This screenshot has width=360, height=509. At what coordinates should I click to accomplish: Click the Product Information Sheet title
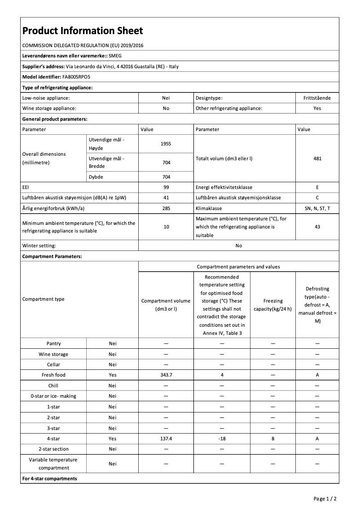tap(83, 31)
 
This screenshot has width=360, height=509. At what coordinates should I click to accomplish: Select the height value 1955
tap(166, 144)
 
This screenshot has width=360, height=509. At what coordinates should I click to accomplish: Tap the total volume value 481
tap(317, 158)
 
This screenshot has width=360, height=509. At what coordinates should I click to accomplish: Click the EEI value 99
tap(166, 187)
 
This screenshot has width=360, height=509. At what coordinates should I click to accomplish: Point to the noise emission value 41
tap(166, 198)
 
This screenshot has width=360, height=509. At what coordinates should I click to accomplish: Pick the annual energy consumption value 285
tap(166, 209)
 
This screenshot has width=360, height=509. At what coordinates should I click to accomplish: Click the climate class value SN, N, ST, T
tap(317, 209)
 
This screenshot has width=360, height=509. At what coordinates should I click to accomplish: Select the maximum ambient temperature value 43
tap(317, 227)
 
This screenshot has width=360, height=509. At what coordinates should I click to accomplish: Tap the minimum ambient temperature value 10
tap(166, 227)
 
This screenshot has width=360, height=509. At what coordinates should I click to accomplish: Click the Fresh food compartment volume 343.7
tap(166, 375)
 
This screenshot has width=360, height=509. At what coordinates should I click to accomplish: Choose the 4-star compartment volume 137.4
tap(166, 439)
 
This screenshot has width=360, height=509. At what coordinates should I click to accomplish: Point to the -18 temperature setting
tap(222, 439)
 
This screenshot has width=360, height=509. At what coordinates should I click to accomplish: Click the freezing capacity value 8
tap(273, 439)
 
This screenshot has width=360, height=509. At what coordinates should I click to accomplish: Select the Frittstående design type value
tap(317, 98)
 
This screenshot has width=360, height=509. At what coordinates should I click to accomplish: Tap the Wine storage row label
tap(53, 355)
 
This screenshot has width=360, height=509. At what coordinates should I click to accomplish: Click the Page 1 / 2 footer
tap(325, 499)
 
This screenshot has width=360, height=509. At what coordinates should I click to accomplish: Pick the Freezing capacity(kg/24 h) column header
tap(273, 305)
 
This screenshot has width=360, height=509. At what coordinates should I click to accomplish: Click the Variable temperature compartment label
tap(53, 464)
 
